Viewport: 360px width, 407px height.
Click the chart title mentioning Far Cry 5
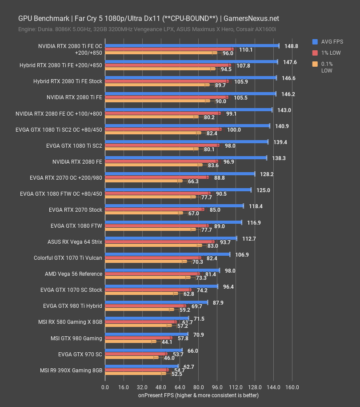148,18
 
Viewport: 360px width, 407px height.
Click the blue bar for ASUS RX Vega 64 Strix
171,238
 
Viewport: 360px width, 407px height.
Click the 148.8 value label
292,46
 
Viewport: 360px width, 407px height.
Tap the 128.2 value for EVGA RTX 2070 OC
267,174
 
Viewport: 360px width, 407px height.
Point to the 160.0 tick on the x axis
292,387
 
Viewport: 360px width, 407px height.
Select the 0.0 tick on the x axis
105,387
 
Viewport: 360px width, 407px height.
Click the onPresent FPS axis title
198,395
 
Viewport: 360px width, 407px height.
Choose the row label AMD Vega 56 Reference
73,274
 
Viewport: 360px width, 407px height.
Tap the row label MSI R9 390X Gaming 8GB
71,370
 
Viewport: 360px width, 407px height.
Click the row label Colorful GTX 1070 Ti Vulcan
68,258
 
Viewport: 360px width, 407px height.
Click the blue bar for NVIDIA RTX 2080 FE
186,158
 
